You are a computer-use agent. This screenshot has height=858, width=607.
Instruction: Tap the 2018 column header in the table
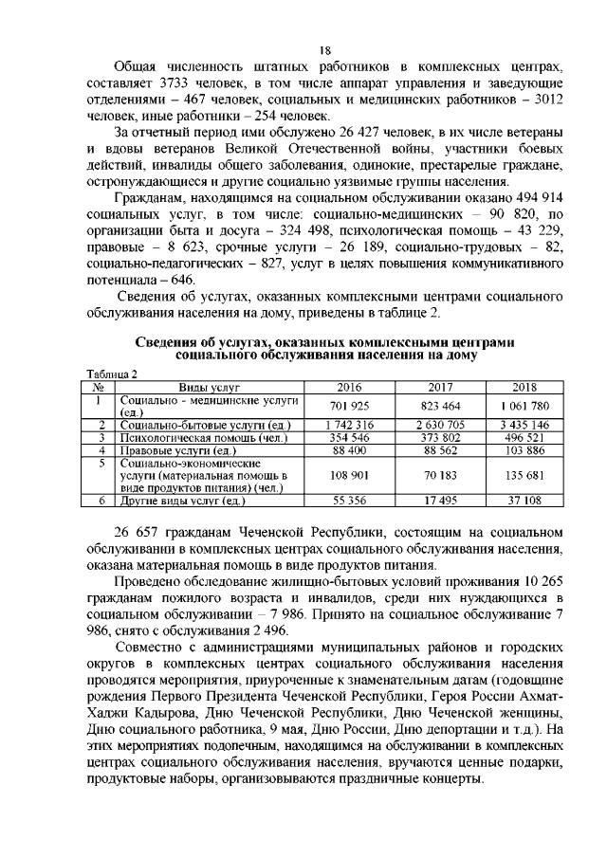click(524, 387)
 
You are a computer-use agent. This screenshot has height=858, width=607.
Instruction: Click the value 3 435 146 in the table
click(524, 424)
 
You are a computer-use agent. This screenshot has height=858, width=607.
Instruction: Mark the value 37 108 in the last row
click(524, 499)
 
